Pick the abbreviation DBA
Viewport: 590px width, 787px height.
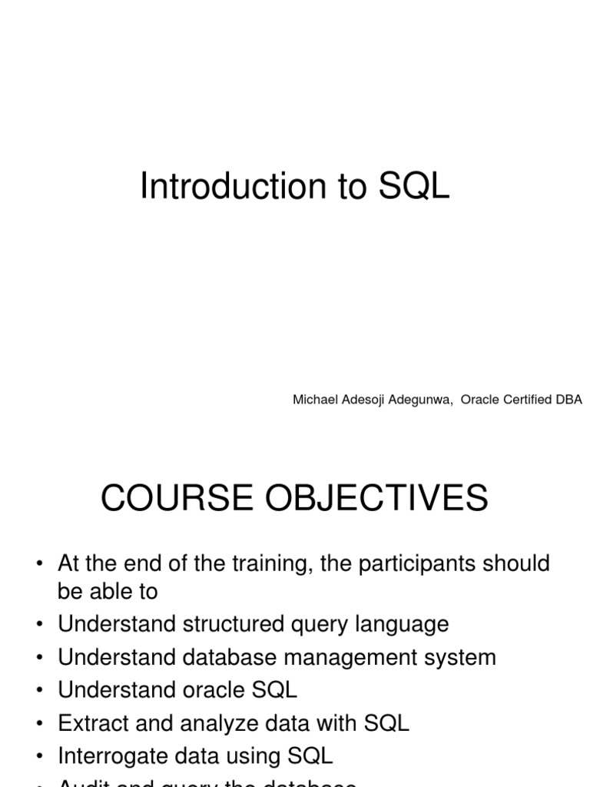coord(570,400)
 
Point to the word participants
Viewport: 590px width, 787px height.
coord(422,563)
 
